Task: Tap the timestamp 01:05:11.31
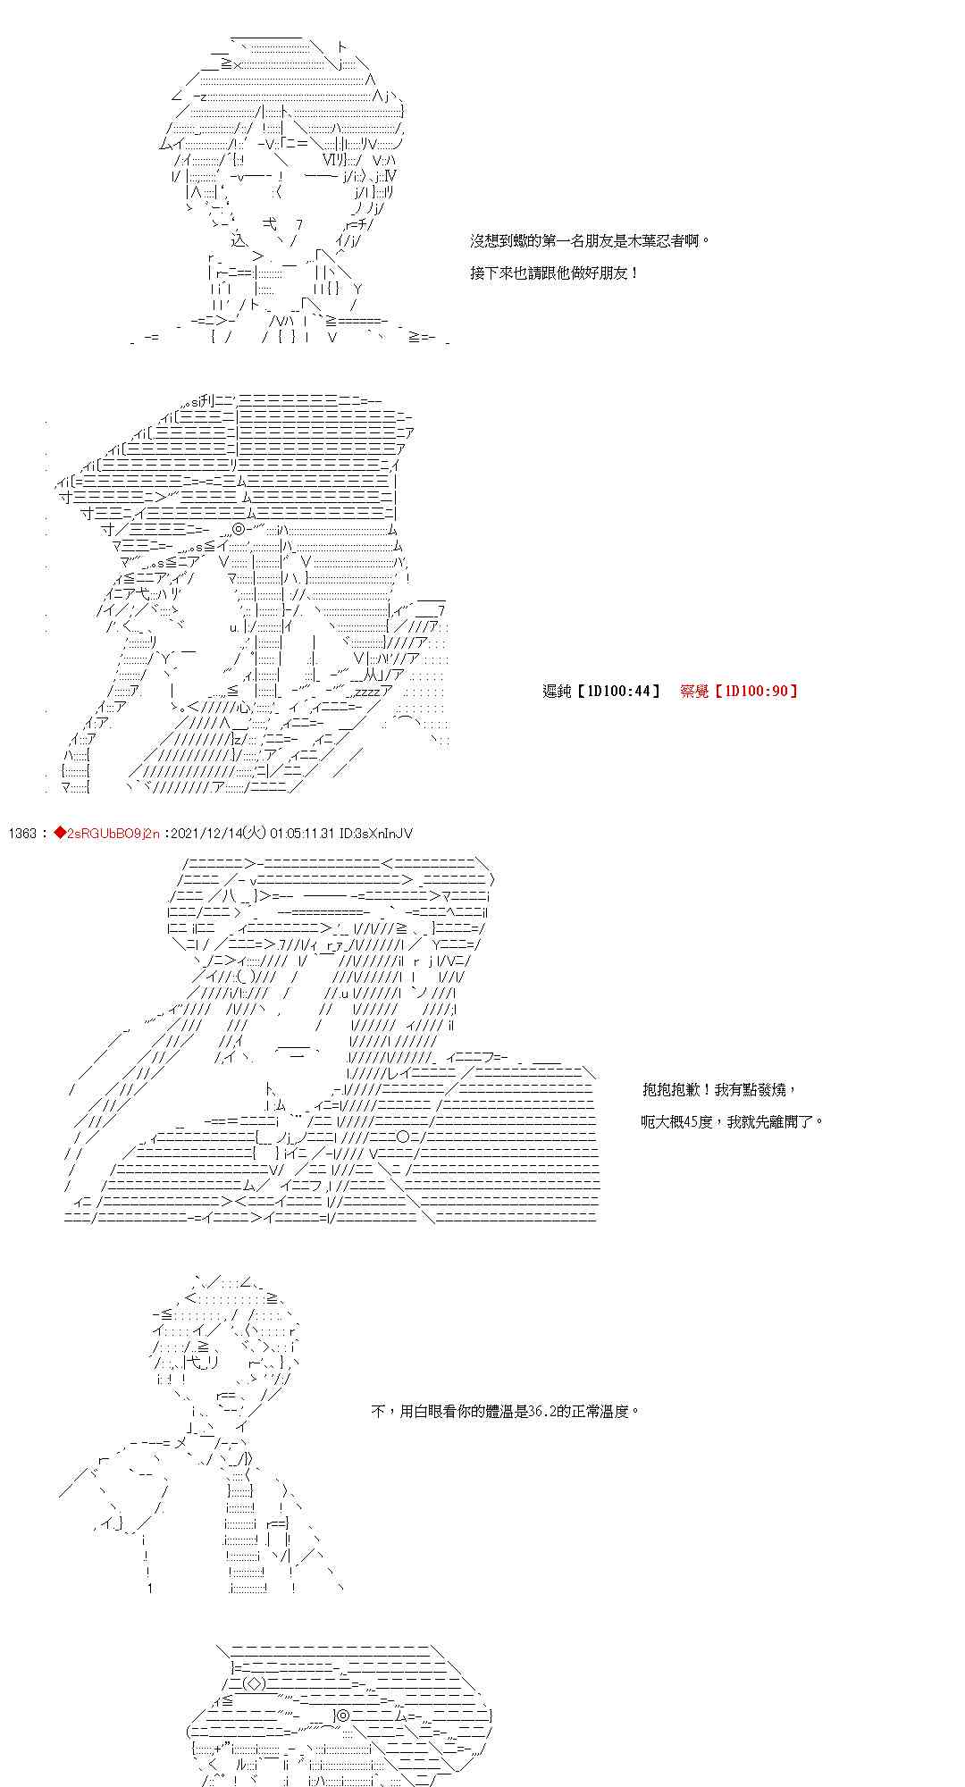tap(301, 834)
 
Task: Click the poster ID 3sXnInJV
tap(385, 834)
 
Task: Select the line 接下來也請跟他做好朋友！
tap(555, 273)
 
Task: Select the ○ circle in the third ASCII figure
tap(403, 1137)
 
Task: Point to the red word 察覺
tap(694, 691)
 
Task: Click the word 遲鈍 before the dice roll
tap(557, 691)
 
